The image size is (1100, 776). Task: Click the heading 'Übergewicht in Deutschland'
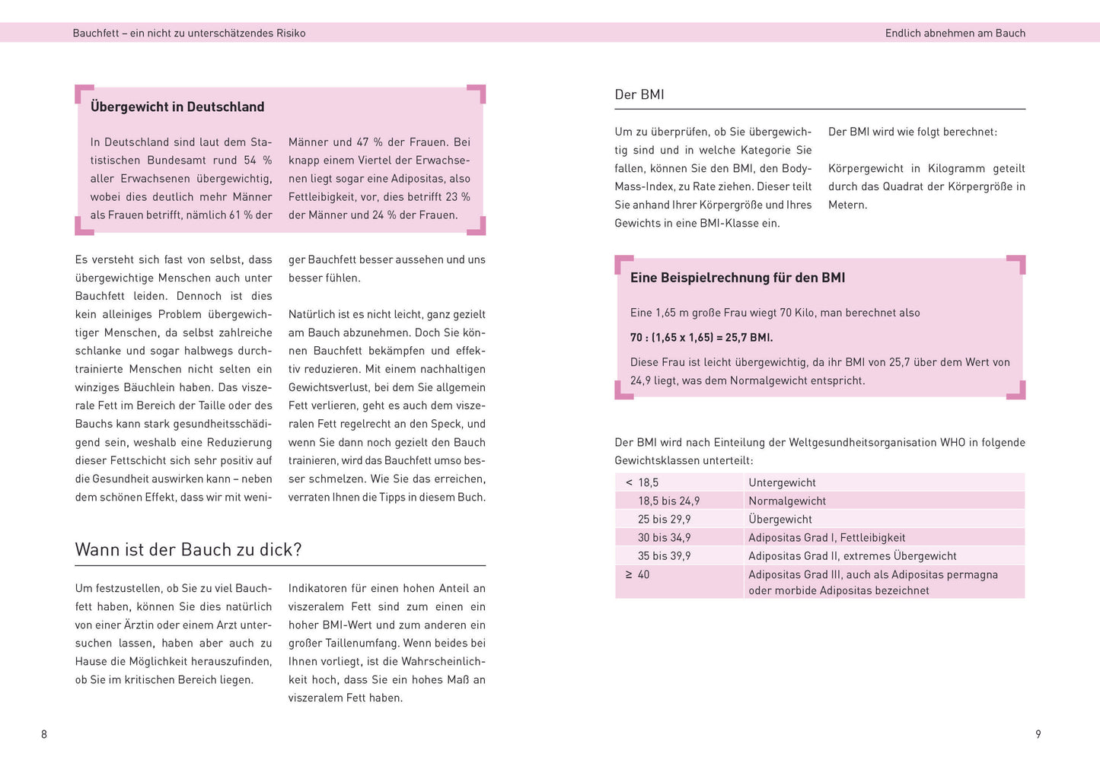(x=177, y=107)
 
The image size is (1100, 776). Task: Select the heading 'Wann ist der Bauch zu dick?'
(x=188, y=550)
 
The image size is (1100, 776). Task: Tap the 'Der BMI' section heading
(x=639, y=95)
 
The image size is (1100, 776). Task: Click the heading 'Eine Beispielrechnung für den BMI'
(x=738, y=278)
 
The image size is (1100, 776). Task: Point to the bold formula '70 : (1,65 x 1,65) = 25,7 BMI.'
(x=701, y=338)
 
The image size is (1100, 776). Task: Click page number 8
(x=44, y=734)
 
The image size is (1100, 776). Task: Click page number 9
(x=1038, y=734)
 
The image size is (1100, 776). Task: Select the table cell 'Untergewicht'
(x=782, y=483)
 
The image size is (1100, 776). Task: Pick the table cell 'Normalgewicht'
(x=787, y=501)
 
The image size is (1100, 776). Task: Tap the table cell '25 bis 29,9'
(x=665, y=520)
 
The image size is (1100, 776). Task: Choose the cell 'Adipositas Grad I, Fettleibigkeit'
(x=827, y=538)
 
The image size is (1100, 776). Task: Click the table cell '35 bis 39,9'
(x=665, y=556)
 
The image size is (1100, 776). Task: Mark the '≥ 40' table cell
(x=638, y=575)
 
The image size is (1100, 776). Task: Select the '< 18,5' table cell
(x=642, y=483)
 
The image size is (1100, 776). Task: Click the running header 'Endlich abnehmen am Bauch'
(x=955, y=33)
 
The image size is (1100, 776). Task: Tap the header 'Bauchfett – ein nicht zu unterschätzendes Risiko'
(x=189, y=33)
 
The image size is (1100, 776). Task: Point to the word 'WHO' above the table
(x=952, y=443)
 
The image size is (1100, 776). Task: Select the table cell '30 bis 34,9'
(x=665, y=538)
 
